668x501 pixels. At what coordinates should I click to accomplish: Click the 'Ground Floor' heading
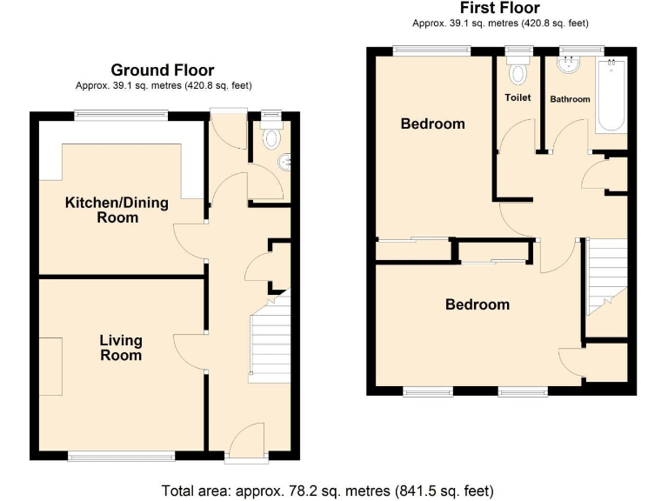[162, 70]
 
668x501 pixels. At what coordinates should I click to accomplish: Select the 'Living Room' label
[120, 348]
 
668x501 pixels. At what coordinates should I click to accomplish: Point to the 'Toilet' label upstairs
[518, 97]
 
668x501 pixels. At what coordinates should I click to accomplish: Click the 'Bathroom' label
[570, 99]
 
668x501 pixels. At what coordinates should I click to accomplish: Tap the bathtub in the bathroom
[611, 96]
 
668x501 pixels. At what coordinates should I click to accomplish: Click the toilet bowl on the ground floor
[272, 137]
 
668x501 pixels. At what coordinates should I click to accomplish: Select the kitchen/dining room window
[120, 114]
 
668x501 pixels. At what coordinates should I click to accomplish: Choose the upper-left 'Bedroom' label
[432, 124]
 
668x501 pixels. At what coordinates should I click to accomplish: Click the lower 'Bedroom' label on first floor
[478, 304]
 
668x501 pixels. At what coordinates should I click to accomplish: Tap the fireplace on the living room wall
[50, 365]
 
